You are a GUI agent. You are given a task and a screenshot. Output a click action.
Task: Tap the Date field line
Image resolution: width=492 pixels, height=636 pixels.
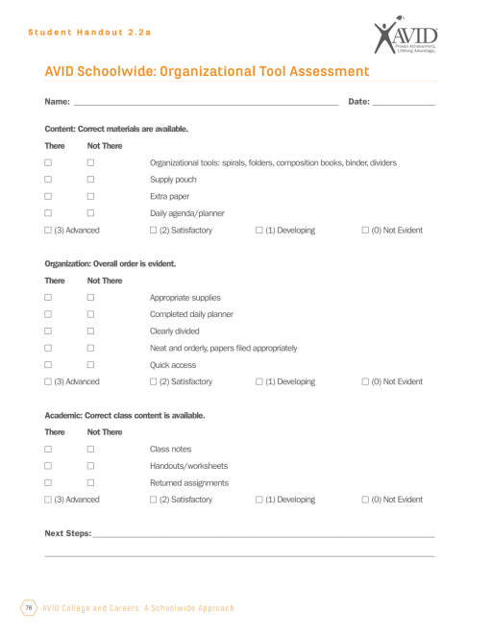point(404,103)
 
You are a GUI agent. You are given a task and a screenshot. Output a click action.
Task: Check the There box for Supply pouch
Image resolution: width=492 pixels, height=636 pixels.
point(47,180)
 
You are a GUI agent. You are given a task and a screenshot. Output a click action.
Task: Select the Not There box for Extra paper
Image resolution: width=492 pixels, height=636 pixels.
point(90,196)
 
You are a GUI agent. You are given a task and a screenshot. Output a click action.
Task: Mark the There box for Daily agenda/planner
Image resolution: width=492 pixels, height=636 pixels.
point(47,213)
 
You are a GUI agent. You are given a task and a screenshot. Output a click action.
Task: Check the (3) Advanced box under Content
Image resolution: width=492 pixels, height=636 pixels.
point(47,231)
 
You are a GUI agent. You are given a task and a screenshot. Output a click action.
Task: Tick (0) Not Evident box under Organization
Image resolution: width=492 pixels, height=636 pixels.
point(365,381)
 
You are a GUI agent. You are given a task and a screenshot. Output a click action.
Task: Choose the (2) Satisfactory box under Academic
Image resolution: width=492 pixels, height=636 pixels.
point(153,500)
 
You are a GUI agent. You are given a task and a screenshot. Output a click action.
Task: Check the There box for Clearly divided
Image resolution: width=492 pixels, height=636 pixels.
point(47,330)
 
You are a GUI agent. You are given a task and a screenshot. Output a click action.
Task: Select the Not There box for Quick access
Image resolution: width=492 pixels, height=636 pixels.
point(90,365)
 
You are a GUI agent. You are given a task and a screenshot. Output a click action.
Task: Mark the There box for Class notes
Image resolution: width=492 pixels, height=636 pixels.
point(47,449)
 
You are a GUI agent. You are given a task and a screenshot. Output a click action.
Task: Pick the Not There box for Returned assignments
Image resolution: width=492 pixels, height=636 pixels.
point(90,482)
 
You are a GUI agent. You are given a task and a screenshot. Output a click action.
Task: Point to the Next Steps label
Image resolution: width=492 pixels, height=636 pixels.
point(67,532)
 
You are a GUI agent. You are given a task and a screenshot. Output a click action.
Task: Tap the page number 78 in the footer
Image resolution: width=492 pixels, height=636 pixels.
point(29,608)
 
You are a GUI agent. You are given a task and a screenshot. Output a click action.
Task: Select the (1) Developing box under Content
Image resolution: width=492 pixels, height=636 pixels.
point(259,231)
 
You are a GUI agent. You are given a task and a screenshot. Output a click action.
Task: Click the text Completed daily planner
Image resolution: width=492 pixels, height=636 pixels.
point(191,314)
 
